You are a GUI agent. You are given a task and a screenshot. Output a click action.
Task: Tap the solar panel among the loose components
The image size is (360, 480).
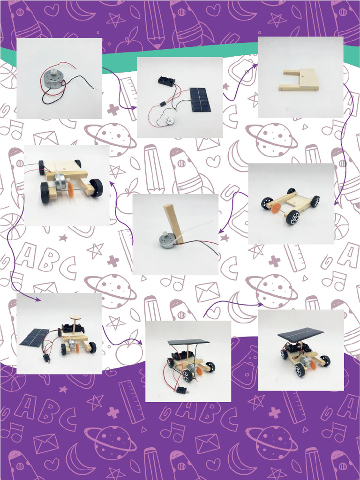(x=199, y=99)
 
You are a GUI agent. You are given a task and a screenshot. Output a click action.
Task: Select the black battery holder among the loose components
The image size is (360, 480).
(x=166, y=81)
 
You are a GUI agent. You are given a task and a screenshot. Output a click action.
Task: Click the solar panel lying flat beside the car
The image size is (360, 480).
(x=35, y=337)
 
